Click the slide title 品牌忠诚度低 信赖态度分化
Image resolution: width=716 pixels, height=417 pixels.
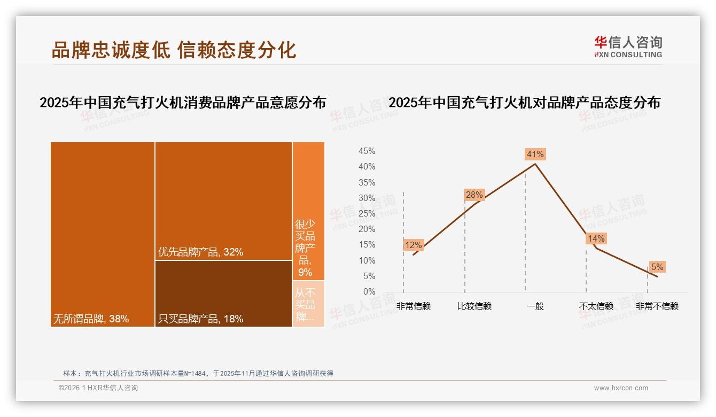pos(174,50)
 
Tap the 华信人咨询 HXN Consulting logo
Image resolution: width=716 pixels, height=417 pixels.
pos(628,47)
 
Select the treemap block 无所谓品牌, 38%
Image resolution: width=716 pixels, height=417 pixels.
pos(103,234)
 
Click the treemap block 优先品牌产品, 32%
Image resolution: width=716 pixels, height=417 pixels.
pos(223,201)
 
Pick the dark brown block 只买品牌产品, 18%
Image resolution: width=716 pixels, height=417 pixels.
pos(223,294)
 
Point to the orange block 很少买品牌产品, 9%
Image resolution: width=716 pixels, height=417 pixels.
pos(308,211)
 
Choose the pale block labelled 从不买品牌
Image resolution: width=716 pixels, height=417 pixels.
pos(308,304)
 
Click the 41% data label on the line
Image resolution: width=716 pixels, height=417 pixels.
pos(535,155)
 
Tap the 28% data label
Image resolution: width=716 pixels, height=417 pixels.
pos(474,195)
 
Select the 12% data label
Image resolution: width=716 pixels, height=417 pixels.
pos(413,245)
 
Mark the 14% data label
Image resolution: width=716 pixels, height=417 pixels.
pos(596,239)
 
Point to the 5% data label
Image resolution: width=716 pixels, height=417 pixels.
pos(657,267)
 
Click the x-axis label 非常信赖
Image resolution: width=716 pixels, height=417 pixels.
pos(413,306)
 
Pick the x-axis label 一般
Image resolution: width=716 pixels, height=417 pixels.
pos(535,306)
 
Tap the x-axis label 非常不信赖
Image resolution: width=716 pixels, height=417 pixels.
pos(657,306)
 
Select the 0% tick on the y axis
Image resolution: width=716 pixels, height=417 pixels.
pos(369,292)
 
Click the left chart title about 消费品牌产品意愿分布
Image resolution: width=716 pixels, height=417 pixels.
pos(183,103)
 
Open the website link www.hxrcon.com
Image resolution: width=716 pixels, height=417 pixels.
pos(621,388)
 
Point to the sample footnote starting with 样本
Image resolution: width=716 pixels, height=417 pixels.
pos(198,373)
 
